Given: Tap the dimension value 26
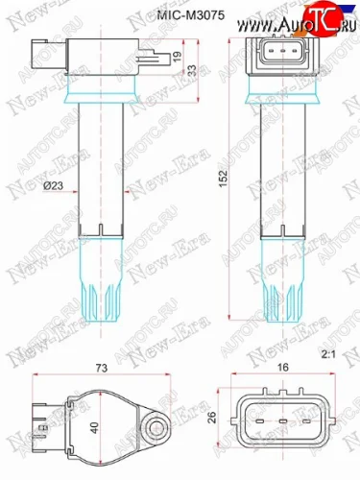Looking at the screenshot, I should [x=209, y=415].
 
